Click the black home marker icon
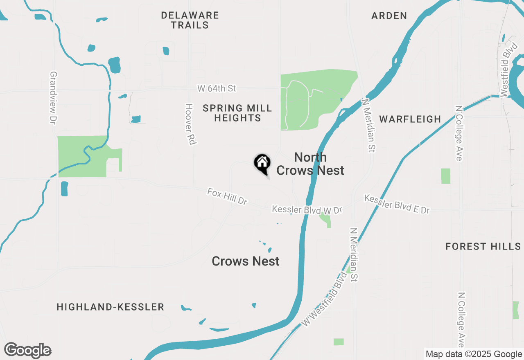(x=262, y=164)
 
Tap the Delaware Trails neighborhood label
(x=190, y=20)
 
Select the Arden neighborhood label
(x=389, y=16)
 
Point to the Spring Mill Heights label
(x=237, y=113)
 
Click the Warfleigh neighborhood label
(x=410, y=119)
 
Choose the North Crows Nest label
(x=310, y=164)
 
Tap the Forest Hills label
(x=483, y=246)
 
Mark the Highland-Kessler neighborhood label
(x=111, y=307)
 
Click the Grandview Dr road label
(x=52, y=98)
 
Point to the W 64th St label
(x=217, y=88)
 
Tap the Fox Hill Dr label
(x=228, y=197)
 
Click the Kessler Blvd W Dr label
(x=307, y=210)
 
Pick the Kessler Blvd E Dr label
(x=397, y=204)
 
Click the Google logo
(x=28, y=350)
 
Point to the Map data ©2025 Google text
(x=474, y=354)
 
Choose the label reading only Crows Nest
(x=246, y=261)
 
